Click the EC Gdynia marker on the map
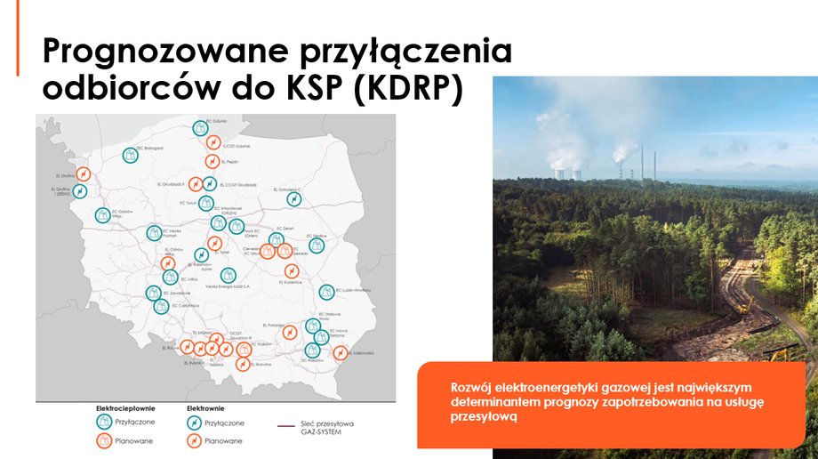point(200,128)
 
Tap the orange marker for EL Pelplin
point(212,161)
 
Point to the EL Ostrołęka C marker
point(293,199)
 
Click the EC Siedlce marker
point(316,246)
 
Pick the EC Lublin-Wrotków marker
point(326,292)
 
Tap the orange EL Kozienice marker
point(292,270)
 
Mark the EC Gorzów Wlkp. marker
point(103,214)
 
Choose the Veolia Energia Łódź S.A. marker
point(229,276)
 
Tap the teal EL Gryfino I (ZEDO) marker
point(80,191)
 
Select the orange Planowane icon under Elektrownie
point(194,440)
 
